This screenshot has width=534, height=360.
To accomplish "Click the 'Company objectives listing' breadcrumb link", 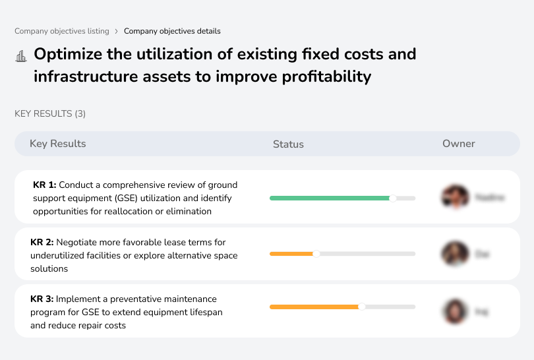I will [62, 31].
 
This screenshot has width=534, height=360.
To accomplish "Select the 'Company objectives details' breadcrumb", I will [172, 31].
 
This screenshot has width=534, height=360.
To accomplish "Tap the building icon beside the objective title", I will [20, 56].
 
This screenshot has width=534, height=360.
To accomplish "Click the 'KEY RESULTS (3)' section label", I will [50, 113].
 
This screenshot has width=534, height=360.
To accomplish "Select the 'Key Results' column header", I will [58, 144].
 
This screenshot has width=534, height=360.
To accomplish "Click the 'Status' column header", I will [288, 144].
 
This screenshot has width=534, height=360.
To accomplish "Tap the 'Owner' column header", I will [459, 144].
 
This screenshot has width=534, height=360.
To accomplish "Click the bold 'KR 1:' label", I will [45, 185].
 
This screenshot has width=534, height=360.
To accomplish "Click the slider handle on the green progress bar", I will [393, 198].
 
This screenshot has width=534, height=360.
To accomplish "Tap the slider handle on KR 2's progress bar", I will [316, 254].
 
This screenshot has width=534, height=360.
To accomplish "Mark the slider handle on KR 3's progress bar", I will [362, 307].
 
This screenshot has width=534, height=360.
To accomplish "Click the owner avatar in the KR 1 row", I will [454, 196].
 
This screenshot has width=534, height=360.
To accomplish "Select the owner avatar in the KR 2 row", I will [455, 254].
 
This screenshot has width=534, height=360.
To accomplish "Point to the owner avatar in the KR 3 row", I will [455, 311].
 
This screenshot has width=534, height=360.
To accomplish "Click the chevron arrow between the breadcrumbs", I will [117, 31].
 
